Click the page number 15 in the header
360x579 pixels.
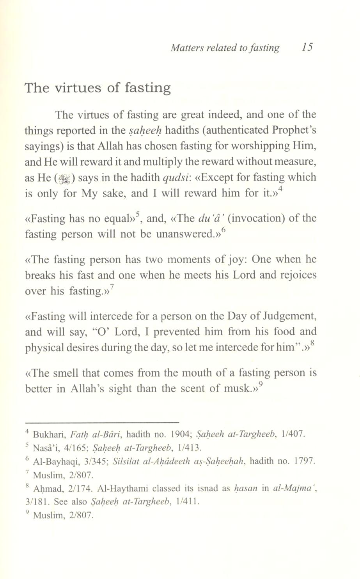click(307, 47)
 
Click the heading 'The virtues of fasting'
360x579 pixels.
click(98, 88)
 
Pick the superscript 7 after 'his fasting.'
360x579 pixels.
click(112, 287)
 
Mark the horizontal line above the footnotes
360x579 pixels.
click(101, 422)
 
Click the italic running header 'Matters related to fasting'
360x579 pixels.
click(225, 48)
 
